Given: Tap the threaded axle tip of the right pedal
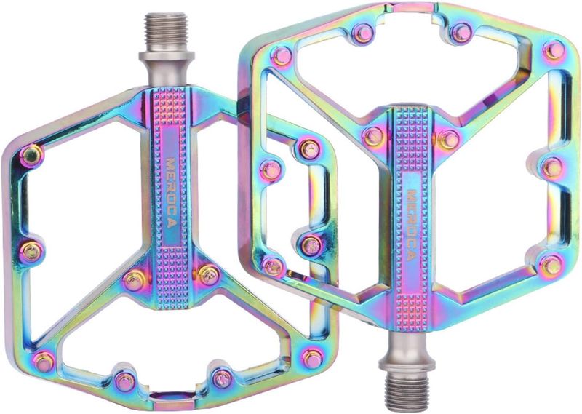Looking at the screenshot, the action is (x=407, y=391).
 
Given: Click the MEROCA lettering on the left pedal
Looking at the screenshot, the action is (x=171, y=193).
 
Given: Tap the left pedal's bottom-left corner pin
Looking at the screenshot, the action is (x=44, y=361).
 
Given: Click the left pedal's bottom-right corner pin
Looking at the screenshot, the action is (x=313, y=358).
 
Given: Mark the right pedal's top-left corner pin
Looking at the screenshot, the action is (x=282, y=56).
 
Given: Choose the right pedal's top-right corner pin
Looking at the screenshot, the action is (x=554, y=50).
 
